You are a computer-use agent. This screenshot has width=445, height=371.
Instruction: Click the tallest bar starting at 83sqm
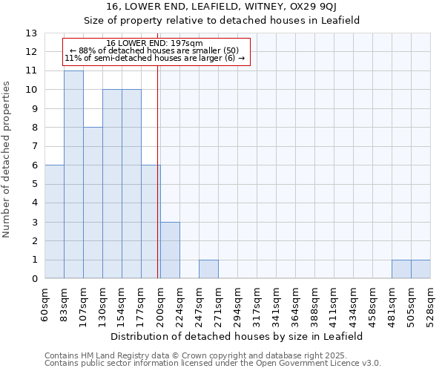[x=73, y=174]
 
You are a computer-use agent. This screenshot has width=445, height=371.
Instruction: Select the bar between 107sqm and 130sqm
[x=93, y=203]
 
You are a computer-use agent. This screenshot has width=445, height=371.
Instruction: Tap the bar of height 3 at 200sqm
[x=170, y=250]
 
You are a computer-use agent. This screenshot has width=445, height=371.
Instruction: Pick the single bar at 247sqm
[x=208, y=269]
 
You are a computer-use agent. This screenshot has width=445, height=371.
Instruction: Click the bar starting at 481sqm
[x=401, y=269]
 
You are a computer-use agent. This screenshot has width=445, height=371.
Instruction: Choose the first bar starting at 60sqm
[x=54, y=222]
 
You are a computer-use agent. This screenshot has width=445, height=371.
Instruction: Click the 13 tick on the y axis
[x=31, y=33]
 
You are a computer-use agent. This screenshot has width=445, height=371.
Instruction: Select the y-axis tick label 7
[x=34, y=146]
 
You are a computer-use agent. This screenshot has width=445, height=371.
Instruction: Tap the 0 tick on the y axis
[x=34, y=279]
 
